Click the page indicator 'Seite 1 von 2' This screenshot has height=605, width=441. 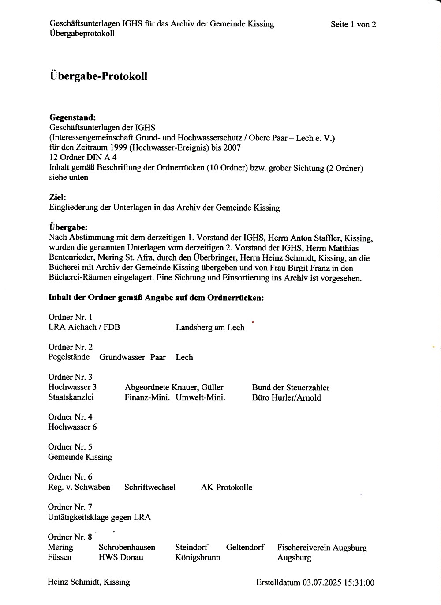353,25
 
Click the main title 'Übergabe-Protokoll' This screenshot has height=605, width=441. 98,76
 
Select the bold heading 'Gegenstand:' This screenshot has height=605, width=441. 72,118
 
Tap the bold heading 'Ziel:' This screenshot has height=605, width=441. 57,198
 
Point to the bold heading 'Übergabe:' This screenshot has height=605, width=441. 68,228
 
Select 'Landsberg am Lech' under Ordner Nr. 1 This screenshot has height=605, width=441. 210,328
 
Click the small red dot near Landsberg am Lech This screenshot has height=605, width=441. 253,322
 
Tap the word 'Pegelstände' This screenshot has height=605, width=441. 69,357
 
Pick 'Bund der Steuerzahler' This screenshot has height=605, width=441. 291,388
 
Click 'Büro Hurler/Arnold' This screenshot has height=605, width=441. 286,398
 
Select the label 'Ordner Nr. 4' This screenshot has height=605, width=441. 70,417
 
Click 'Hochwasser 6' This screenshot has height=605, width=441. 72,427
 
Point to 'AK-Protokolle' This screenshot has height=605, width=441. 227,488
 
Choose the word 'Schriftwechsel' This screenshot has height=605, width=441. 150,488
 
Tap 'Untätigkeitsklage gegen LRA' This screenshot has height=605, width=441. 99,517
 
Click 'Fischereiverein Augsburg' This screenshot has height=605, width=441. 322,548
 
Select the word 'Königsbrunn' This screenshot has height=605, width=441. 198,558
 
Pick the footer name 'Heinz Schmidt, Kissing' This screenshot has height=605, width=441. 89,582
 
